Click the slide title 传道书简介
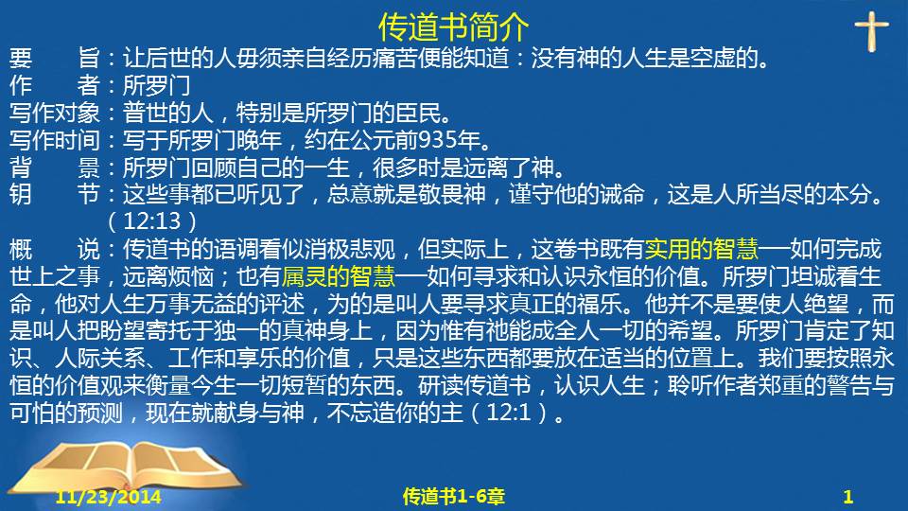tap(453, 26)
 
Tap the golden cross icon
tap(871, 31)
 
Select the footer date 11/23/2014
tap(108, 497)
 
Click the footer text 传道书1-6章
tap(453, 497)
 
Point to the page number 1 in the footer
tap(847, 497)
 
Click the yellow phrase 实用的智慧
tap(701, 249)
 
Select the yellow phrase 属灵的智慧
tap(339, 276)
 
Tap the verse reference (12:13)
tap(152, 221)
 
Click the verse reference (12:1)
tap(510, 413)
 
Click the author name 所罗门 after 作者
tap(156, 86)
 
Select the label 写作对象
tap(55, 113)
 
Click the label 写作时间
tap(55, 140)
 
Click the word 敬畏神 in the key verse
tap(452, 194)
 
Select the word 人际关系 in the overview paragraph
tap(99, 358)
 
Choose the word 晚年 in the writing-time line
tap(259, 140)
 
